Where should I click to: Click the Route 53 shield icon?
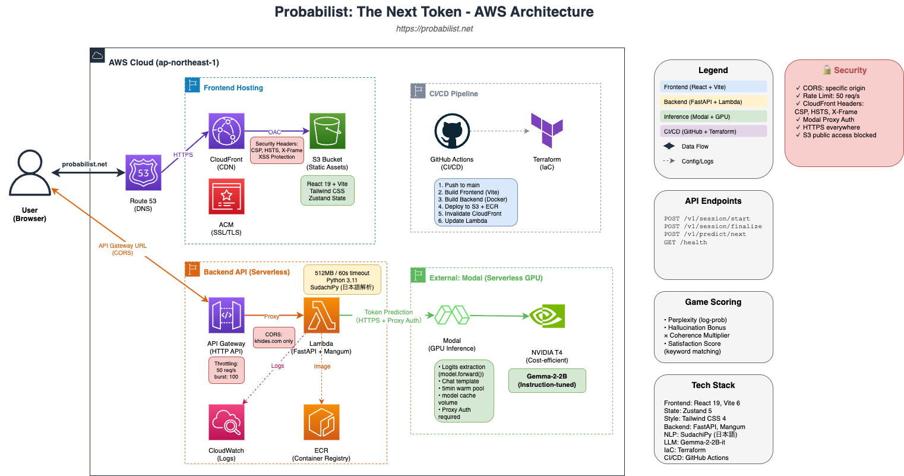click(x=143, y=172)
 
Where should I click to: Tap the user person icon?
click(x=30, y=172)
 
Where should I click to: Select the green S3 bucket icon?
click(x=327, y=131)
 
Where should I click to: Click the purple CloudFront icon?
click(x=226, y=131)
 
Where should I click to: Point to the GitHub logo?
click(x=453, y=131)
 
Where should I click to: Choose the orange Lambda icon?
click(x=321, y=316)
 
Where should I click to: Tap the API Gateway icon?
click(x=226, y=316)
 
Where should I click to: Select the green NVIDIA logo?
click(x=547, y=316)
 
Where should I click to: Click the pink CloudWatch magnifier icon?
click(x=226, y=423)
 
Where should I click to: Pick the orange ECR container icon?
click(x=321, y=423)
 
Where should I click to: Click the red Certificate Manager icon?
click(x=226, y=196)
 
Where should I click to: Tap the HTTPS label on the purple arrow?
click(x=183, y=155)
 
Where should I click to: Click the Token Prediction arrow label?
click(x=389, y=316)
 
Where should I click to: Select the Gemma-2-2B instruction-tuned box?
click(x=547, y=381)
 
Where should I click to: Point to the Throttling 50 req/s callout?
click(x=226, y=370)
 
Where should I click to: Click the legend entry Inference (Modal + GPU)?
click(x=713, y=116)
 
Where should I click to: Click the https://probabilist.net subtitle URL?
click(x=434, y=29)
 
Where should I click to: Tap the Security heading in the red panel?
click(x=850, y=70)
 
